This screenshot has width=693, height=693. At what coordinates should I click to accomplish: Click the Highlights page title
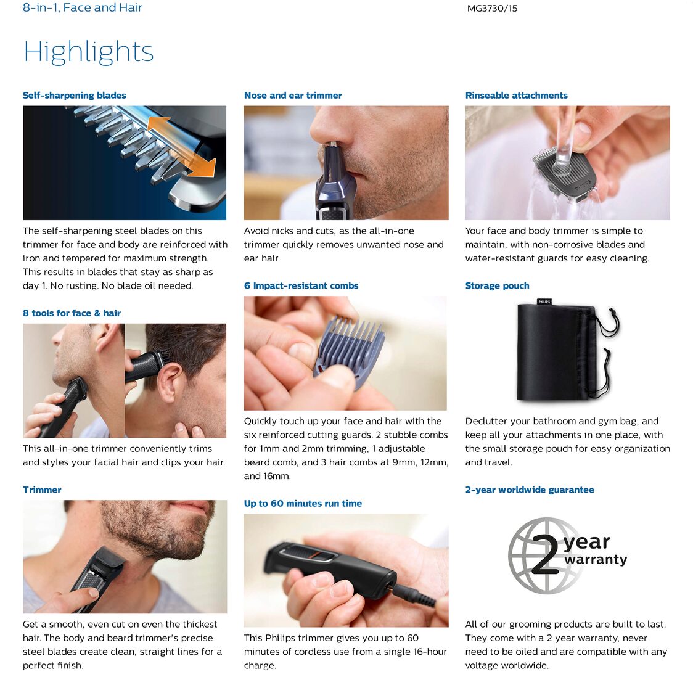[x=88, y=52]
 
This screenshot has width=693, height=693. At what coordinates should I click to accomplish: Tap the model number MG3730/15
[x=492, y=9]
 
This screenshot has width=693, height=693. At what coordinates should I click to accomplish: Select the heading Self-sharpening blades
[x=74, y=96]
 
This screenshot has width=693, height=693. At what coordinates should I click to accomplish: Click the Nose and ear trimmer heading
[x=293, y=96]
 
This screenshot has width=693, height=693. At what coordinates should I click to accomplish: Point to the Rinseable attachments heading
[x=516, y=96]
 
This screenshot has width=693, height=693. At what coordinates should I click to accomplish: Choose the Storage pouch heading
[x=497, y=286]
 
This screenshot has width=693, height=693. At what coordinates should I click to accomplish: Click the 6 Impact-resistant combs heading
[x=301, y=286]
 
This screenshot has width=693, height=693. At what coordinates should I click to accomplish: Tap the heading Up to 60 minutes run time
[x=303, y=503]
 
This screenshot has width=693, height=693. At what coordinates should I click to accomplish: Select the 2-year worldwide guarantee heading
[x=530, y=490]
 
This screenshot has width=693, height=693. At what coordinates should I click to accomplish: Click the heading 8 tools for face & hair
[x=72, y=313]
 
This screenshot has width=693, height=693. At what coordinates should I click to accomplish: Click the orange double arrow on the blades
[x=181, y=146]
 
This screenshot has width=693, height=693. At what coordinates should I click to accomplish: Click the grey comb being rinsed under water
[x=564, y=174]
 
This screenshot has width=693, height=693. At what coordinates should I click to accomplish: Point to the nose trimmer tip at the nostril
[x=332, y=144]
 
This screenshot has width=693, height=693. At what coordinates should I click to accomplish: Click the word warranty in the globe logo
[x=596, y=560]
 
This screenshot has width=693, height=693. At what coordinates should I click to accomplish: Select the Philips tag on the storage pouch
[x=544, y=302]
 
